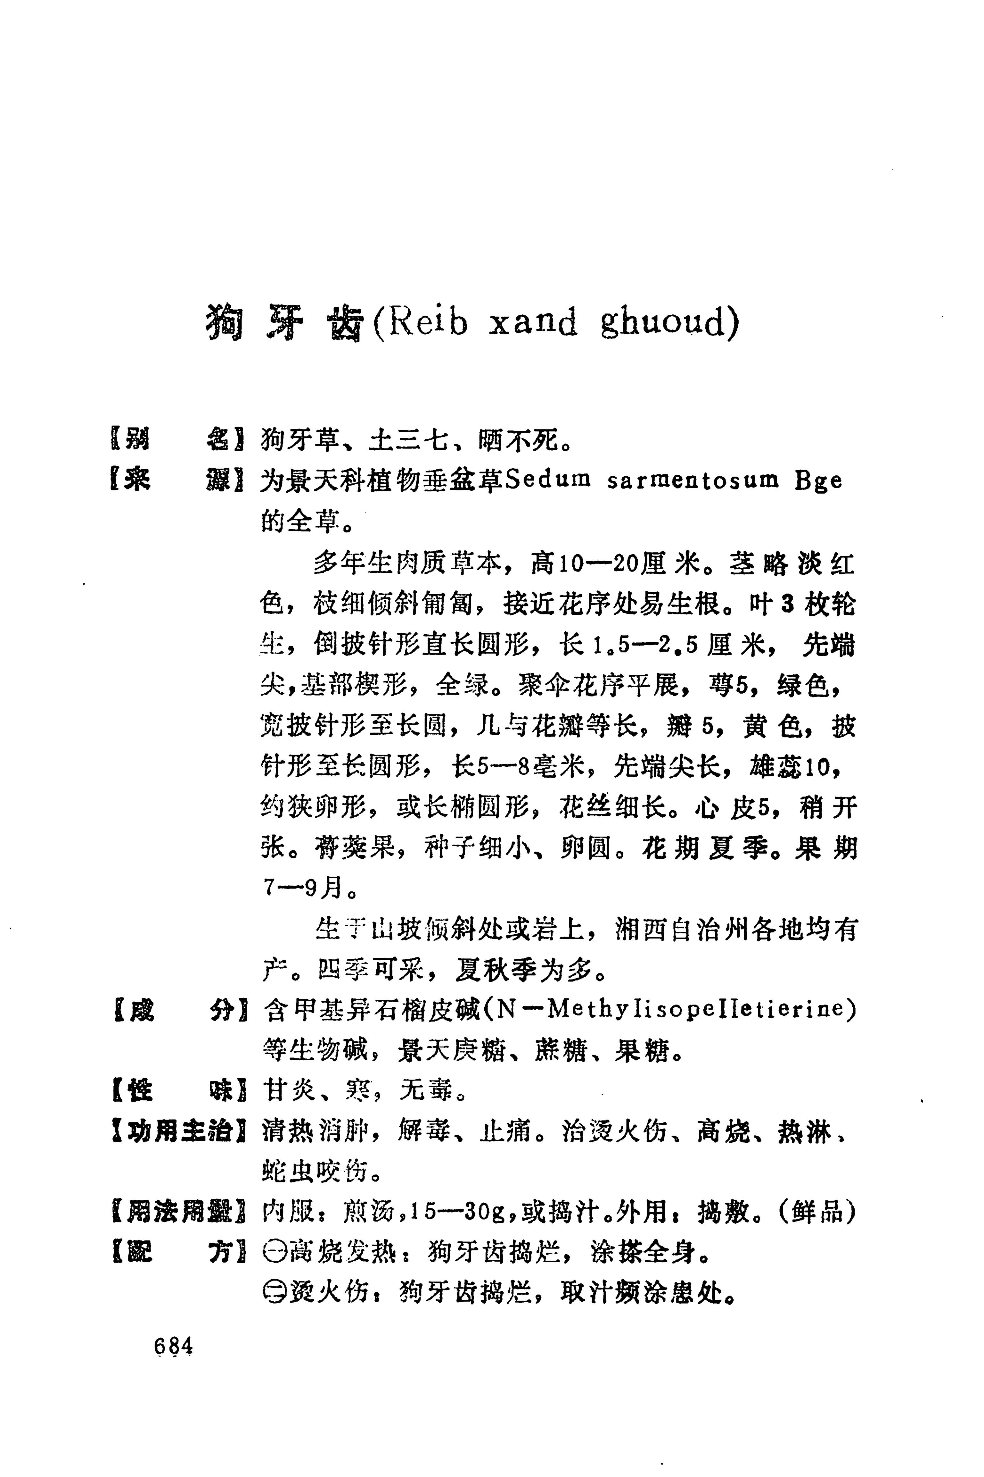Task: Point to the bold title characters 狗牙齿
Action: [x=285, y=322]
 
